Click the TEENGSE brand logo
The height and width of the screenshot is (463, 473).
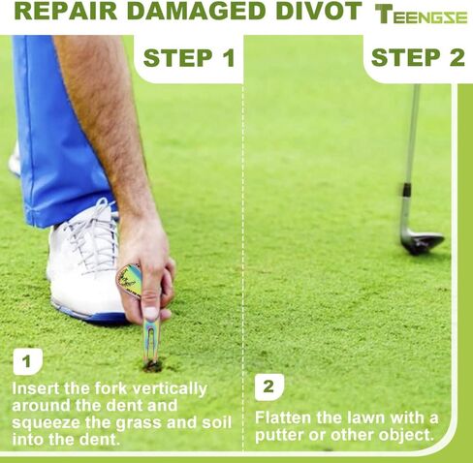tap(422, 15)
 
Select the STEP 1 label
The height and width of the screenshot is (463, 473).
tap(189, 57)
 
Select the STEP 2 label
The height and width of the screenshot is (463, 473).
tap(418, 57)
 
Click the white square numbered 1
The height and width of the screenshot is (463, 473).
tap(28, 362)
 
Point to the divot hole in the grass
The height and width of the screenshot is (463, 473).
tap(152, 366)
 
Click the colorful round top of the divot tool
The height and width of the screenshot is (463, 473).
tap(134, 282)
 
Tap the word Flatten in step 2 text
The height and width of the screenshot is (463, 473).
tap(285, 417)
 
